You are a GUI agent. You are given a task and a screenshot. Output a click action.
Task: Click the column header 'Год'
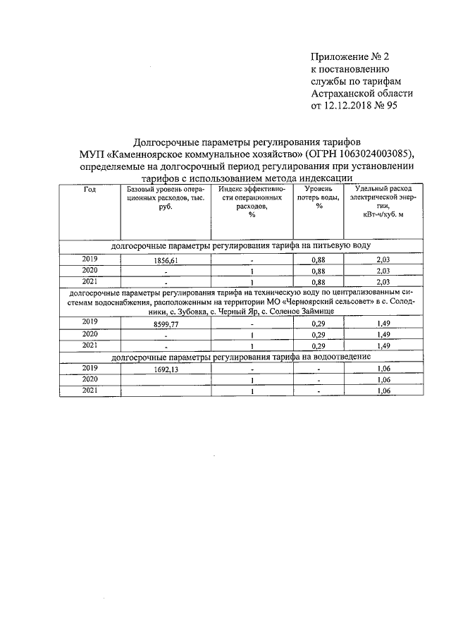tap(89, 190)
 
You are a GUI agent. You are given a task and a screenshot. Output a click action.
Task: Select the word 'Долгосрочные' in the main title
tap(172, 141)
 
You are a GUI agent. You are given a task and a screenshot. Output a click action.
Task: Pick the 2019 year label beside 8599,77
tap(89, 323)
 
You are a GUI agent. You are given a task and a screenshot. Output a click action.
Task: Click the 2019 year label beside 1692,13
tap(89, 368)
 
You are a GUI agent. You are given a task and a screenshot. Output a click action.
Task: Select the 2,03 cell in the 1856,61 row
tap(383, 260)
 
